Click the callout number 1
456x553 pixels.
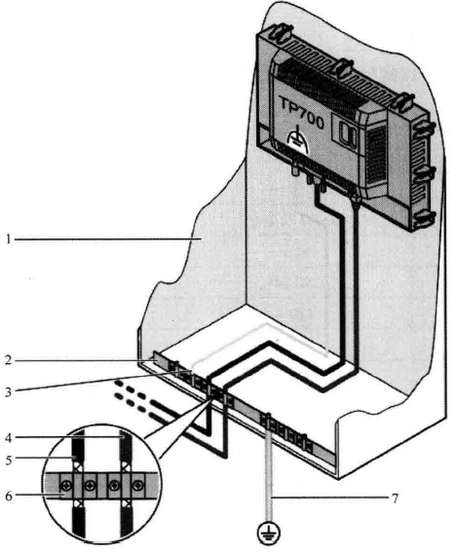click(x=8, y=240)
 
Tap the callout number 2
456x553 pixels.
click(x=9, y=360)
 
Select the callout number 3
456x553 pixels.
click(x=9, y=391)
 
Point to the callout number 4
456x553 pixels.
click(x=9, y=438)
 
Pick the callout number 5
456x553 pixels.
click(x=9, y=460)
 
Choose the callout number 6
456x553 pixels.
click(x=9, y=496)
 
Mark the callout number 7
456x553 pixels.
click(x=395, y=498)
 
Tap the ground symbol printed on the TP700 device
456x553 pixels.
click(x=298, y=140)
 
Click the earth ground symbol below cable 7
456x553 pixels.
click(x=269, y=532)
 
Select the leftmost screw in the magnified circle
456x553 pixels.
click(x=66, y=486)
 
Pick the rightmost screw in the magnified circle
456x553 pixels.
click(x=137, y=486)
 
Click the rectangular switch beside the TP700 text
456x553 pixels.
click(x=348, y=134)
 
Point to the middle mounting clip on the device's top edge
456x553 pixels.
click(x=342, y=67)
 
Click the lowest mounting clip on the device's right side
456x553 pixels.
click(x=425, y=217)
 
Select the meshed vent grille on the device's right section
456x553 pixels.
click(x=377, y=154)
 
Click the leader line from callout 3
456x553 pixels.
click(x=103, y=381)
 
